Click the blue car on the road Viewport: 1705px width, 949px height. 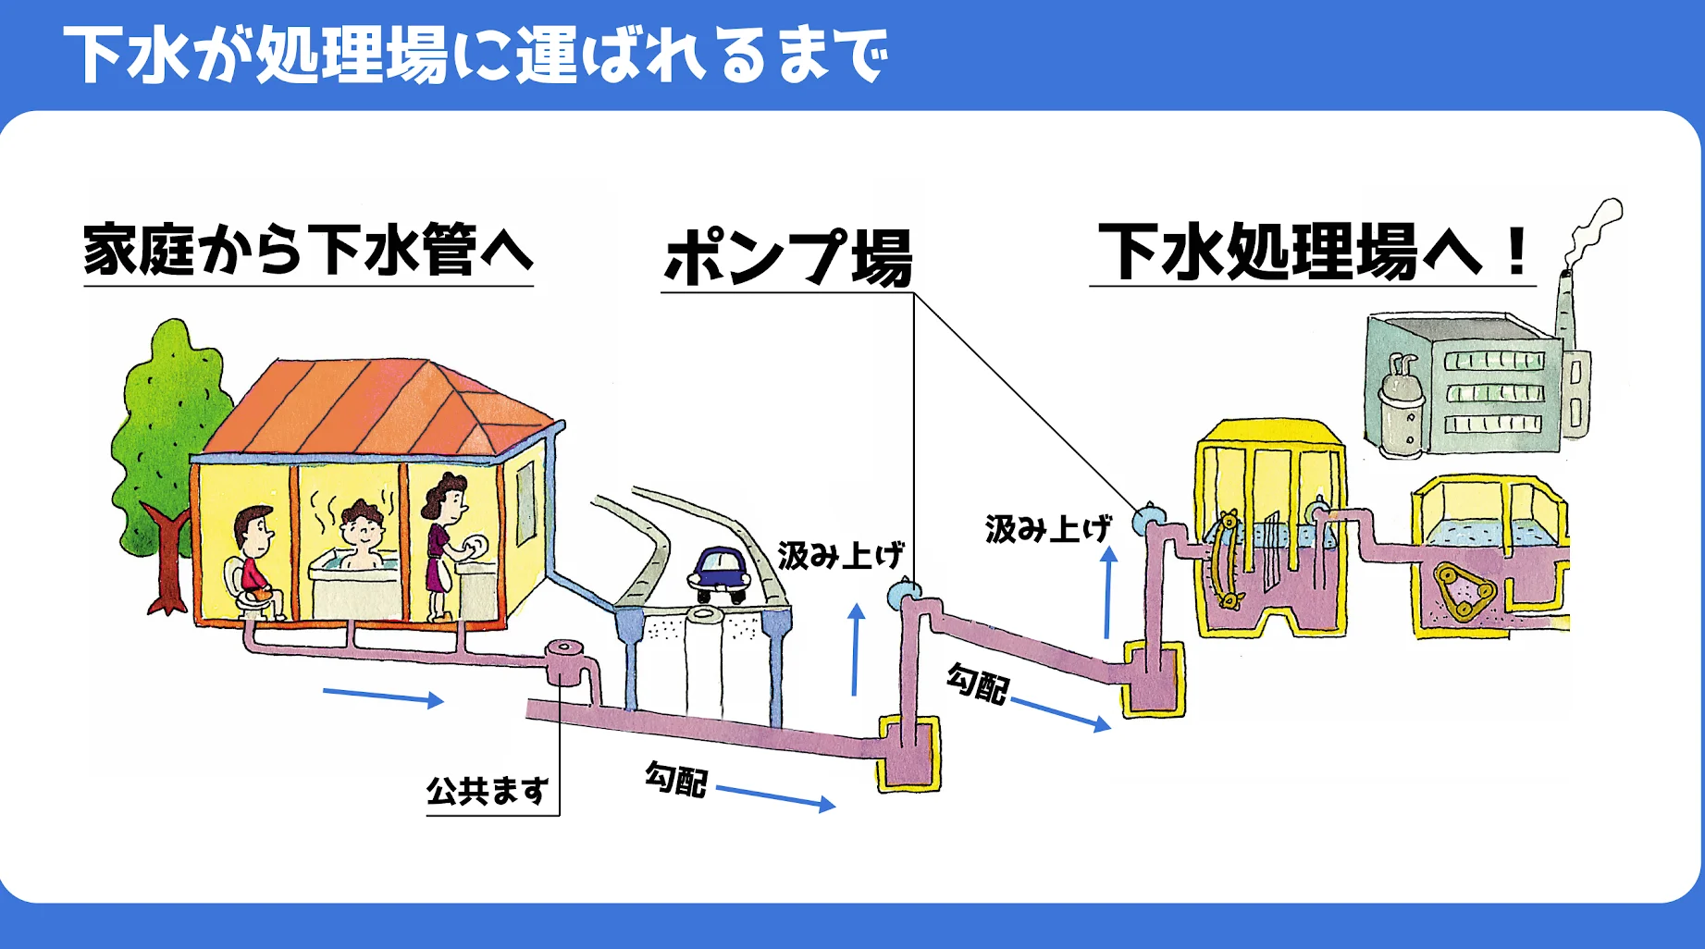(x=720, y=573)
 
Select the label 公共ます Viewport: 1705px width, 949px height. (x=488, y=791)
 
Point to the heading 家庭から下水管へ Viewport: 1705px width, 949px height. (x=308, y=249)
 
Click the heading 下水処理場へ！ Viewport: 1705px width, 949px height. (x=1313, y=251)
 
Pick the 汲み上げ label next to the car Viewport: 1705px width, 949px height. (x=841, y=555)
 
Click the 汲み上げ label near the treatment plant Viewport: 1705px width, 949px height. (x=1048, y=529)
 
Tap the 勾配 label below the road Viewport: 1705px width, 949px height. (x=676, y=778)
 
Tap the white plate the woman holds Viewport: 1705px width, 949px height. (x=476, y=546)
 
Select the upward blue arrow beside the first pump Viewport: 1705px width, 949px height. (x=857, y=648)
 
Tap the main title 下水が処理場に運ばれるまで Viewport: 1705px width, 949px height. (x=476, y=55)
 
